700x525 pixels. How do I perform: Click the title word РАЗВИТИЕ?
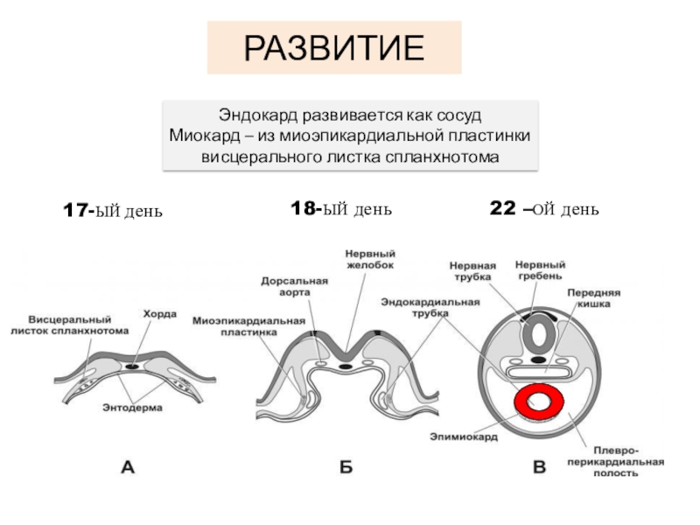[x=333, y=48]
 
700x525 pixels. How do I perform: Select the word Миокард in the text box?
[x=202, y=136]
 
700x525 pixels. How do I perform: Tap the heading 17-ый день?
[x=113, y=211]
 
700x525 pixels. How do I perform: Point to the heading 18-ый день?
[x=340, y=209]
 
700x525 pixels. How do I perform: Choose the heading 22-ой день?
[x=542, y=209]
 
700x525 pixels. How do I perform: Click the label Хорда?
[x=161, y=312]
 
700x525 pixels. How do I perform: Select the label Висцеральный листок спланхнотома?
[x=69, y=325]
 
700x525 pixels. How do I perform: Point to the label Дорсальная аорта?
[x=293, y=286]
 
